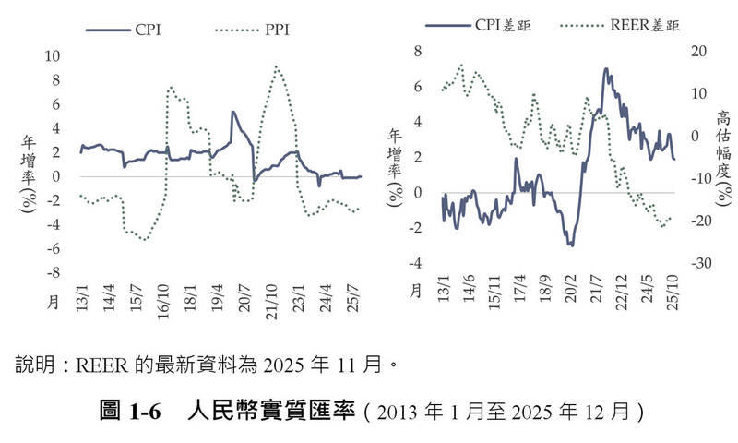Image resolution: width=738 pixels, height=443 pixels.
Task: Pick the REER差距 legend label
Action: coord(644,25)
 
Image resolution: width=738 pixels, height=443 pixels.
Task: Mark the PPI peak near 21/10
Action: coord(277,66)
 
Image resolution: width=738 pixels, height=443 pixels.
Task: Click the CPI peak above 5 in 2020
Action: coord(232,113)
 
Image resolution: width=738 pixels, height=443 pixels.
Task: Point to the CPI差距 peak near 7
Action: coord(605,68)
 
